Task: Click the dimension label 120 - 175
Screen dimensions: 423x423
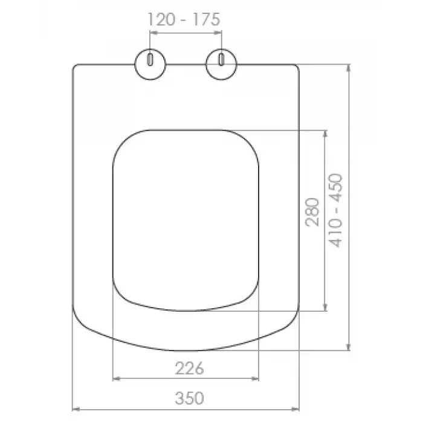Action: click(184, 19)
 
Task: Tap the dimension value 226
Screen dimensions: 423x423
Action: click(189, 368)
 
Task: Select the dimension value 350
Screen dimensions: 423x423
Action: click(189, 398)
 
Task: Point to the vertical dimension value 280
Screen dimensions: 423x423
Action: click(312, 212)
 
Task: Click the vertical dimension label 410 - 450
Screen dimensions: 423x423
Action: click(335, 210)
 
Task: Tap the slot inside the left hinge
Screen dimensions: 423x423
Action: click(150, 60)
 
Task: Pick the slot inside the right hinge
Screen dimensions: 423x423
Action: click(221, 60)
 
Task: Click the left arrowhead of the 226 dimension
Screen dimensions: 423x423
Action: click(116, 379)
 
